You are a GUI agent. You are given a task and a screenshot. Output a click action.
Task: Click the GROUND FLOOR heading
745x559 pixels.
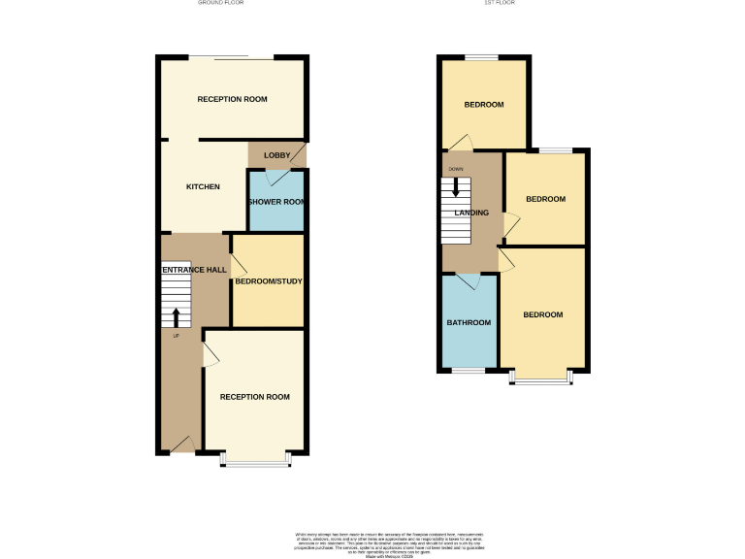coord(220,3)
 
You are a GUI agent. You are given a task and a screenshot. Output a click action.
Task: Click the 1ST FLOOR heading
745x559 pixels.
coord(499,3)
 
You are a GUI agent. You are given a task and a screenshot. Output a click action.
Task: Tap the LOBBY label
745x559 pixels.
coord(277,155)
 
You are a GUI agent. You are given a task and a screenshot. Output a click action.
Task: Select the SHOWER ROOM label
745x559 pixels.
coord(277,202)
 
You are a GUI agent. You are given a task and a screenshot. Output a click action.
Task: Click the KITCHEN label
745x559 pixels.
coord(204,187)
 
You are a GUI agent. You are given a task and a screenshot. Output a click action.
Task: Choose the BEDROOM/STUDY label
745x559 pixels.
coord(270,281)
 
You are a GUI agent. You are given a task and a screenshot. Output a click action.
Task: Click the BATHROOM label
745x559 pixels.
coord(469,322)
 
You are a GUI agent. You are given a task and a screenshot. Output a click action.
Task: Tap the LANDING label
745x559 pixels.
coord(472,214)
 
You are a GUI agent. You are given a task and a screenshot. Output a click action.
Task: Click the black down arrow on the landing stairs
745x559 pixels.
coord(456,187)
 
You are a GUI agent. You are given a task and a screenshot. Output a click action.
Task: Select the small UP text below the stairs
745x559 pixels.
coord(176,336)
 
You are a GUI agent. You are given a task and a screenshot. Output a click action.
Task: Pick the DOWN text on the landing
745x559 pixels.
coord(456,168)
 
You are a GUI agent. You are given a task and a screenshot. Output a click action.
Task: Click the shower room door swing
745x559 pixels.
coord(276,178)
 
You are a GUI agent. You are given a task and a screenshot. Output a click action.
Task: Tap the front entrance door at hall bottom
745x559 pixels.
coord(181,444)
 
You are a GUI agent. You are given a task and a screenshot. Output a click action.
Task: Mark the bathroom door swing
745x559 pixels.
coord(470,281)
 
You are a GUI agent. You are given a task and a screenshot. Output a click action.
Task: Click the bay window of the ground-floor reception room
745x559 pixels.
coord(256,460)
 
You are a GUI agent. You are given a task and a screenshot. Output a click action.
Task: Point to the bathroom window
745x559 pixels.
coord(470,371)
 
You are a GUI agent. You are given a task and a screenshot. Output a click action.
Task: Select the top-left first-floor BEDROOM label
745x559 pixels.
coord(483,105)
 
